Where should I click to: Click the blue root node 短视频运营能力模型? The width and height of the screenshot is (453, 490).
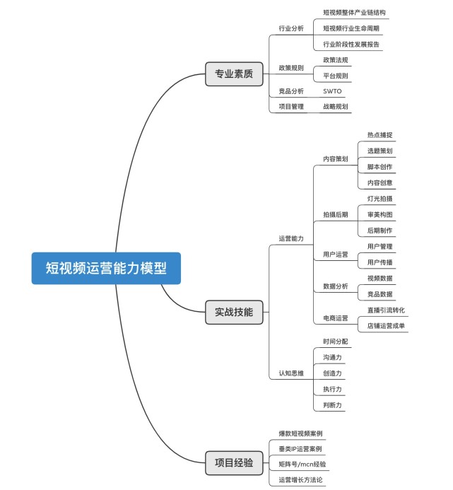(106, 268)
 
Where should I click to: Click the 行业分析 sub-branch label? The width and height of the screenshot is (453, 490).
(291, 28)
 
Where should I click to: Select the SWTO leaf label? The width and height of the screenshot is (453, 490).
(332, 91)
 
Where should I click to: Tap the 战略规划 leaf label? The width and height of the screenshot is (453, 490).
(335, 107)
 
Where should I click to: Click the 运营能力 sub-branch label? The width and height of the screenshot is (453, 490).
(291, 238)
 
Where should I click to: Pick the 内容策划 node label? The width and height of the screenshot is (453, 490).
(335, 159)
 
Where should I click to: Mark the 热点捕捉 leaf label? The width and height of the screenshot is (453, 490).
(380, 134)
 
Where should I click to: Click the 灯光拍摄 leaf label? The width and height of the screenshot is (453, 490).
(380, 199)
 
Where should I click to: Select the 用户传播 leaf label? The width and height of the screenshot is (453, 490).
(380, 262)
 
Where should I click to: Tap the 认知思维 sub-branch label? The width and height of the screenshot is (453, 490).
(291, 373)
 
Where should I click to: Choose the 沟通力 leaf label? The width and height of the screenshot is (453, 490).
(332, 357)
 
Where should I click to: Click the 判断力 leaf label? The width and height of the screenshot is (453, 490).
(332, 405)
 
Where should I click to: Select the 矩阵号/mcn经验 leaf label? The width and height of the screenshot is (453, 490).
(302, 464)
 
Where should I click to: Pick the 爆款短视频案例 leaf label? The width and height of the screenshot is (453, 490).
(301, 433)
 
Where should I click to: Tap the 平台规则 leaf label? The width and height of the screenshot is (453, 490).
(335, 76)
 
